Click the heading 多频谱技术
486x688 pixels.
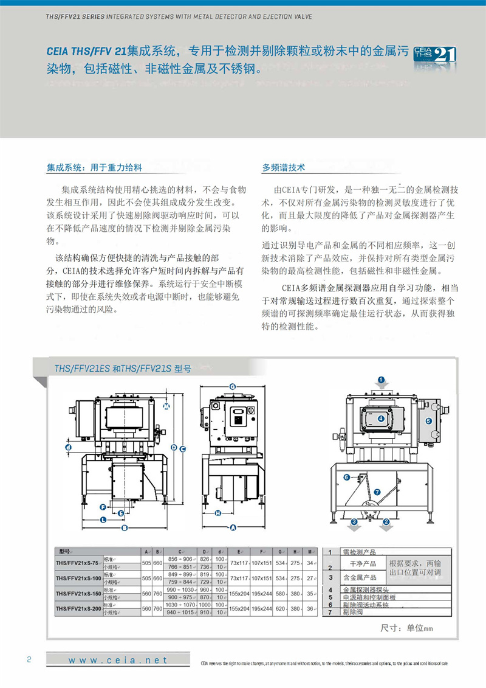pyautogui.click(x=283, y=167)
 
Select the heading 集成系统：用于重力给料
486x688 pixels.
pyautogui.click(x=94, y=167)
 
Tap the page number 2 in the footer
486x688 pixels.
pyautogui.click(x=29, y=660)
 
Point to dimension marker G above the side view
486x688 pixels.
pyautogui.click(x=232, y=387)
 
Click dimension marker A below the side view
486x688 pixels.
pyautogui.click(x=233, y=526)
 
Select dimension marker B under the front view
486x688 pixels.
pyautogui.click(x=124, y=528)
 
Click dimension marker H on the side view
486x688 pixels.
pyautogui.click(x=217, y=513)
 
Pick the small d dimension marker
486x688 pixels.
pyautogui.click(x=68, y=448)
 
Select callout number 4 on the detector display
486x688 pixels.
pyautogui.click(x=381, y=419)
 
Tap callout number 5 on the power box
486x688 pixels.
pyautogui.click(x=428, y=420)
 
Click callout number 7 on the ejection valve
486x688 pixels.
pyautogui.click(x=377, y=492)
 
